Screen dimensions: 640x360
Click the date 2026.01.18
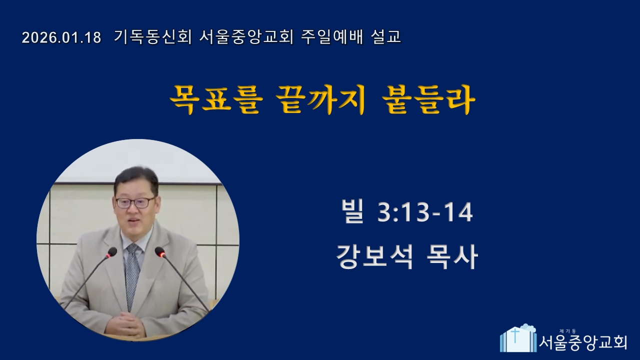click(61, 37)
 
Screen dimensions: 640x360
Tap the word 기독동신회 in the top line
click(153, 37)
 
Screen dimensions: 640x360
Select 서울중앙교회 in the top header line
click(246, 37)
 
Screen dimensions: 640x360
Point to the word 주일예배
click(332, 37)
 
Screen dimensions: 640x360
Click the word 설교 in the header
click(385, 37)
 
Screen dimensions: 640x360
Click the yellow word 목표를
click(216, 99)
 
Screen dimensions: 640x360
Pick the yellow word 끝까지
click(320, 99)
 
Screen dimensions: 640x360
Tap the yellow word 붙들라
click(428, 99)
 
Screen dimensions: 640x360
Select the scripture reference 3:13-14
click(425, 212)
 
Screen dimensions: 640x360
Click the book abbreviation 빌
click(352, 211)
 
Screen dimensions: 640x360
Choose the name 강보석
click(375, 256)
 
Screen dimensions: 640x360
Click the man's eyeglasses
click(135, 202)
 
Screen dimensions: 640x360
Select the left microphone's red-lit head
click(111, 252)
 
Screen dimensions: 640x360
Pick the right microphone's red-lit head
click(160, 252)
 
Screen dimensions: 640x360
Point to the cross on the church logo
click(515, 335)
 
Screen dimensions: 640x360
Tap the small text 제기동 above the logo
click(567, 331)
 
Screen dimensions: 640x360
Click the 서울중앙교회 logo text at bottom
click(583, 342)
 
